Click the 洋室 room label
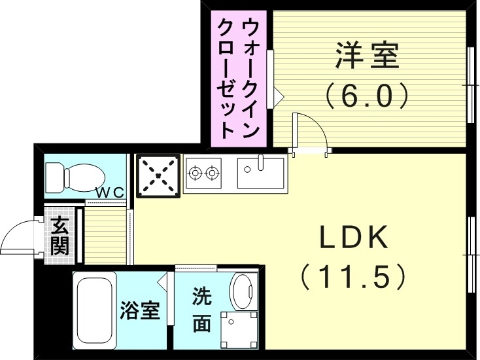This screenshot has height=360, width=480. pos(367,56)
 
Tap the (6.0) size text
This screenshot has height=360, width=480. pos(367,96)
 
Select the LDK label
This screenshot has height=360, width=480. pos(354,238)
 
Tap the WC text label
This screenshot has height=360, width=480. pos(110,192)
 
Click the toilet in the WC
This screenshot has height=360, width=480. pos(74,175)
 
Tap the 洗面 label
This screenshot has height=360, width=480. pos(201,310)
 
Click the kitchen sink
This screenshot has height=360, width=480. pos(260,173)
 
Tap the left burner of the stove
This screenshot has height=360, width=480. pos(196,173)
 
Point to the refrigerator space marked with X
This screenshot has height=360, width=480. pos(157,175)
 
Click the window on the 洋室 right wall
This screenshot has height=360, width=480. pos(471,85)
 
